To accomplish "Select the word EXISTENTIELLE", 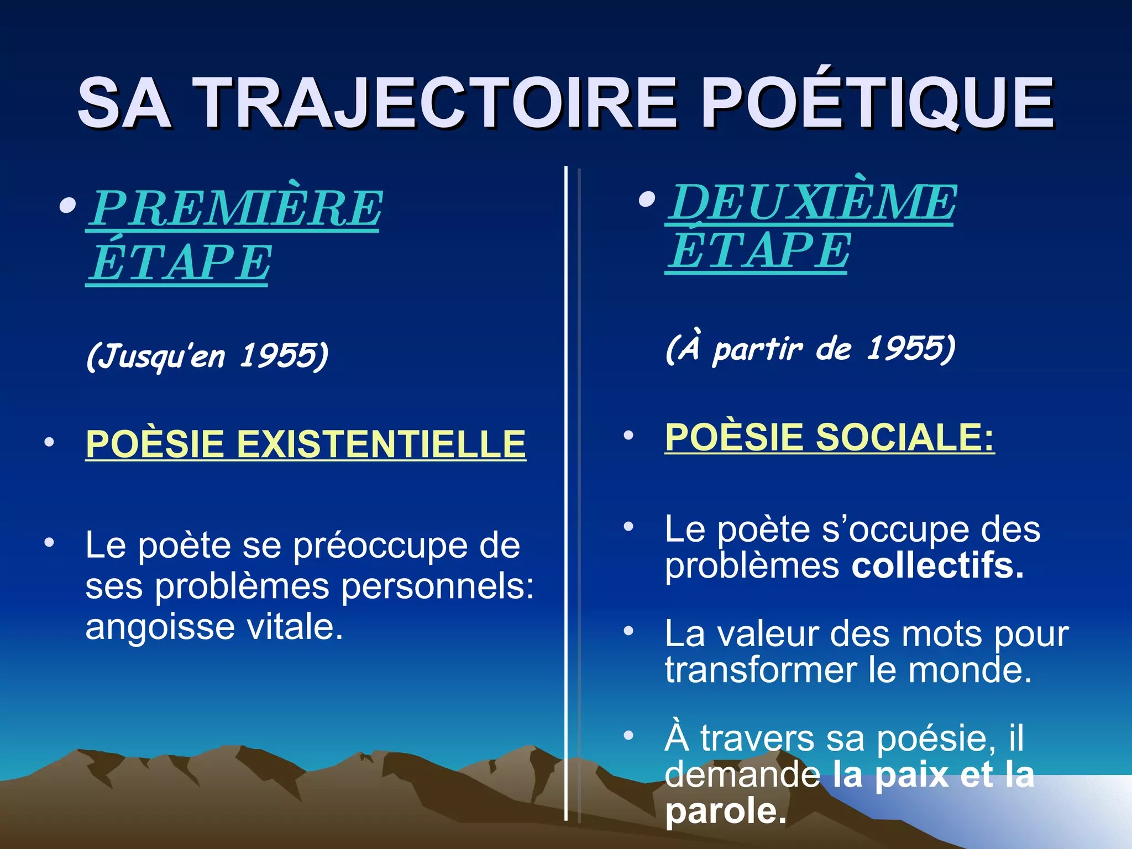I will click(381, 444).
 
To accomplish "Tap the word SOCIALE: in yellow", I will click(905, 437).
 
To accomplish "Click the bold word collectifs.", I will click(937, 566).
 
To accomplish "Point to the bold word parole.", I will click(725, 811).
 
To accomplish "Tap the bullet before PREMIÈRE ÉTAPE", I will click(67, 206).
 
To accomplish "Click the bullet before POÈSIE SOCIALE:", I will click(628, 436).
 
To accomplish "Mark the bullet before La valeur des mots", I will click(628, 631).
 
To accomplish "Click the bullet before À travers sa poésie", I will click(628, 736).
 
